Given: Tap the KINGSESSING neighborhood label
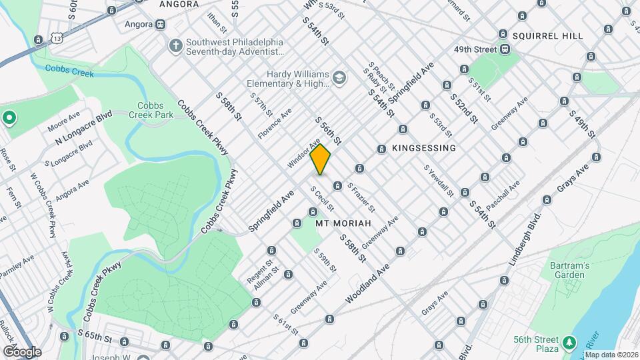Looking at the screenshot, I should click(424, 148).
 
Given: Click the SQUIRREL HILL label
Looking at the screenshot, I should click(548, 35).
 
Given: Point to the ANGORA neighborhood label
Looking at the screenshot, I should click(179, 4).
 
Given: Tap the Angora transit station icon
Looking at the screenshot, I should click(160, 24).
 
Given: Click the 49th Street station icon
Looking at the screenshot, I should click(506, 49).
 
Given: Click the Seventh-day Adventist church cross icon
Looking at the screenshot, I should click(175, 45).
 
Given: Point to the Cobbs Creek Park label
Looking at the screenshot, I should click(155, 110).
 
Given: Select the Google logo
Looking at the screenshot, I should click(22, 351).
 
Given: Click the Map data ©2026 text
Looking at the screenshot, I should click(611, 355).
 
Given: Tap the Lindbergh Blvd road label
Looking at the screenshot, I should click(523, 241).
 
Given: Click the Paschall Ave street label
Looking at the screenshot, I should click(503, 191).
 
